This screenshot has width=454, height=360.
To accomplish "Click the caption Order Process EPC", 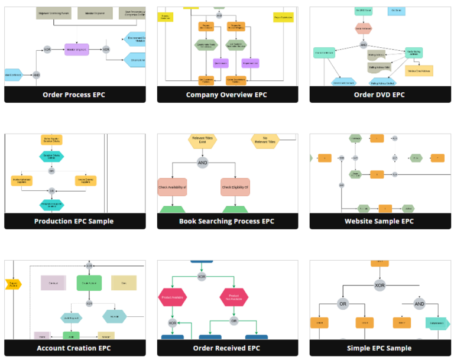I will coord(74,95).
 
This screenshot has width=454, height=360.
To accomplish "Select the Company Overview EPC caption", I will coord(226,95).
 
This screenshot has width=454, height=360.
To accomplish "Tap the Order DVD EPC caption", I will coord(379,95).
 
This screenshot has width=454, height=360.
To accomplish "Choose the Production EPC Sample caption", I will coord(74,221).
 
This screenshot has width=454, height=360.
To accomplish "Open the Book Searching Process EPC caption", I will coord(226,221).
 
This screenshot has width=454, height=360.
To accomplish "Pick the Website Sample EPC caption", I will coord(379,221).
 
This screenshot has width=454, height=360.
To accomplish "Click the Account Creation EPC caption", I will coord(74,348).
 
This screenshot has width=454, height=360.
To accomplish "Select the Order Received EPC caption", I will coord(226,348).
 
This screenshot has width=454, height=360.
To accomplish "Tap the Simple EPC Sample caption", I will coord(379,348).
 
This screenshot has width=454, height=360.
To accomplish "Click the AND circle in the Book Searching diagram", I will coord(203,163).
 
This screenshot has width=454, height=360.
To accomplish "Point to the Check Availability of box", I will coord(172,187).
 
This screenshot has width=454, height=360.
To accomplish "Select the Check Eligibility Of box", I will coord(235,187).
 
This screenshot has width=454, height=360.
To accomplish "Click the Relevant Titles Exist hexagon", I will coord(202,141).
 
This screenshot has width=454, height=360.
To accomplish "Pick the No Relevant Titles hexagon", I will coord(265,141).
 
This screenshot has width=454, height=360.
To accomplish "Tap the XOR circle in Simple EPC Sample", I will coord(380,286).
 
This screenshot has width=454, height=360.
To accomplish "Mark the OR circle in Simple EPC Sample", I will coord(343,304).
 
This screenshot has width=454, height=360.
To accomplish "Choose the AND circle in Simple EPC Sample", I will coord(419,304).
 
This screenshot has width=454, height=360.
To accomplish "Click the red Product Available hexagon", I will coord(172,297).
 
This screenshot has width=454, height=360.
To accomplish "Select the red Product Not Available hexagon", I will coord(234,297).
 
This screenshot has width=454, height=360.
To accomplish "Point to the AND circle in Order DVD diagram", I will coord(364,45).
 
